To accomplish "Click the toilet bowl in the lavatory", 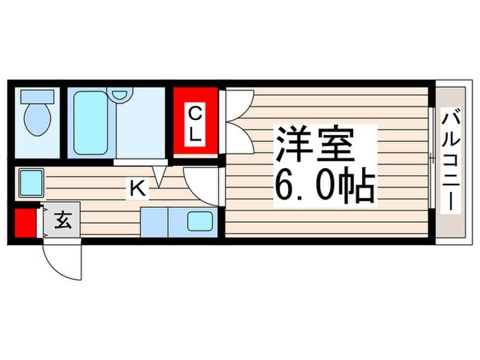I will [x=38, y=120].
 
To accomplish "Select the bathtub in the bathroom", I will [x=92, y=124].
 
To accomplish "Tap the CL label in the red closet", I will [x=195, y=123].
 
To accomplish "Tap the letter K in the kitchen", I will [x=138, y=188].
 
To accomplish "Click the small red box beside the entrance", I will [x=26, y=221].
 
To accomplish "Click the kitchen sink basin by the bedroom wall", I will [x=200, y=221].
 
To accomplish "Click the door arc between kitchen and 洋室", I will [x=200, y=182].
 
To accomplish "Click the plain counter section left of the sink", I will [x=154, y=221].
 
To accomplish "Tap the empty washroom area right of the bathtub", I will [x=141, y=127].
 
